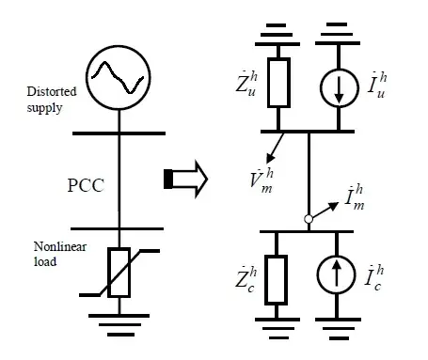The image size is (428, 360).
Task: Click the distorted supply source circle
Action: [119, 46]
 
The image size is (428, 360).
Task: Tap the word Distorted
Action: [52, 91]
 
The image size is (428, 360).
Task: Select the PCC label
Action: [86, 185]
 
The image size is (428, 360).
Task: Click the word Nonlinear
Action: [60, 246]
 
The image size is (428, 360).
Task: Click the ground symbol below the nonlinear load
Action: [119, 325]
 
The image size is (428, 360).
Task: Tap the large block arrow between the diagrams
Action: [185, 179]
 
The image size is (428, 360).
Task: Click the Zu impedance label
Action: [246, 84]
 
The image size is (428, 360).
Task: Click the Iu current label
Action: [377, 86]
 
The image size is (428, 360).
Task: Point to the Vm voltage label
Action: [262, 180]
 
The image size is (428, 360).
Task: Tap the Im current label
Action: [355, 197]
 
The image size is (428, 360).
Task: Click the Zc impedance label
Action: [246, 279]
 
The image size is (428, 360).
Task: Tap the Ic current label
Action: [374, 277]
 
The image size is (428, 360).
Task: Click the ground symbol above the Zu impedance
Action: [277, 35]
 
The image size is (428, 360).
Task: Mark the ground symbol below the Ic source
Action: [338, 328]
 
